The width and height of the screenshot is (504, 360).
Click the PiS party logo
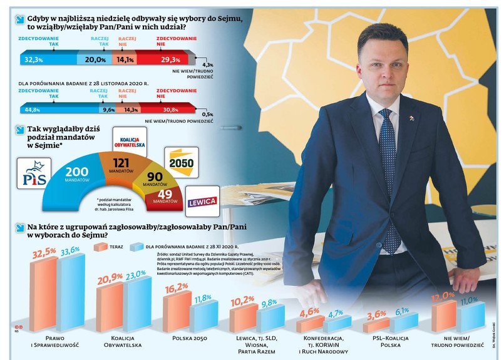pyautogui.click(x=33, y=174)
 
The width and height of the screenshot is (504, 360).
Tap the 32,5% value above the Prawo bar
pyautogui.click(x=43, y=253)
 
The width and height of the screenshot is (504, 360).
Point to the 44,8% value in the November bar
pyautogui.click(x=32, y=110)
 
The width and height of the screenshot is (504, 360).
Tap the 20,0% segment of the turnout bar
pyautogui.click(x=95, y=59)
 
